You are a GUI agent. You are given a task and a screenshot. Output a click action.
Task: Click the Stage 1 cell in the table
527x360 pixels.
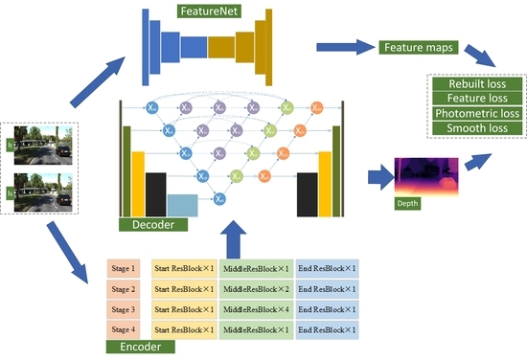tap(123, 268)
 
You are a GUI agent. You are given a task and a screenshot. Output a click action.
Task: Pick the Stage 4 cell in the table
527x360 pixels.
tap(123, 330)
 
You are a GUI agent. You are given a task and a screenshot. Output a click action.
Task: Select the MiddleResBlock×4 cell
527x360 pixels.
tap(255, 309)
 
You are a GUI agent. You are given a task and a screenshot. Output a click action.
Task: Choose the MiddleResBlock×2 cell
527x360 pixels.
tap(255, 288)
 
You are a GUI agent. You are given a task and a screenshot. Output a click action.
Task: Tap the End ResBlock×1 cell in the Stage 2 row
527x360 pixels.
tap(328, 288)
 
